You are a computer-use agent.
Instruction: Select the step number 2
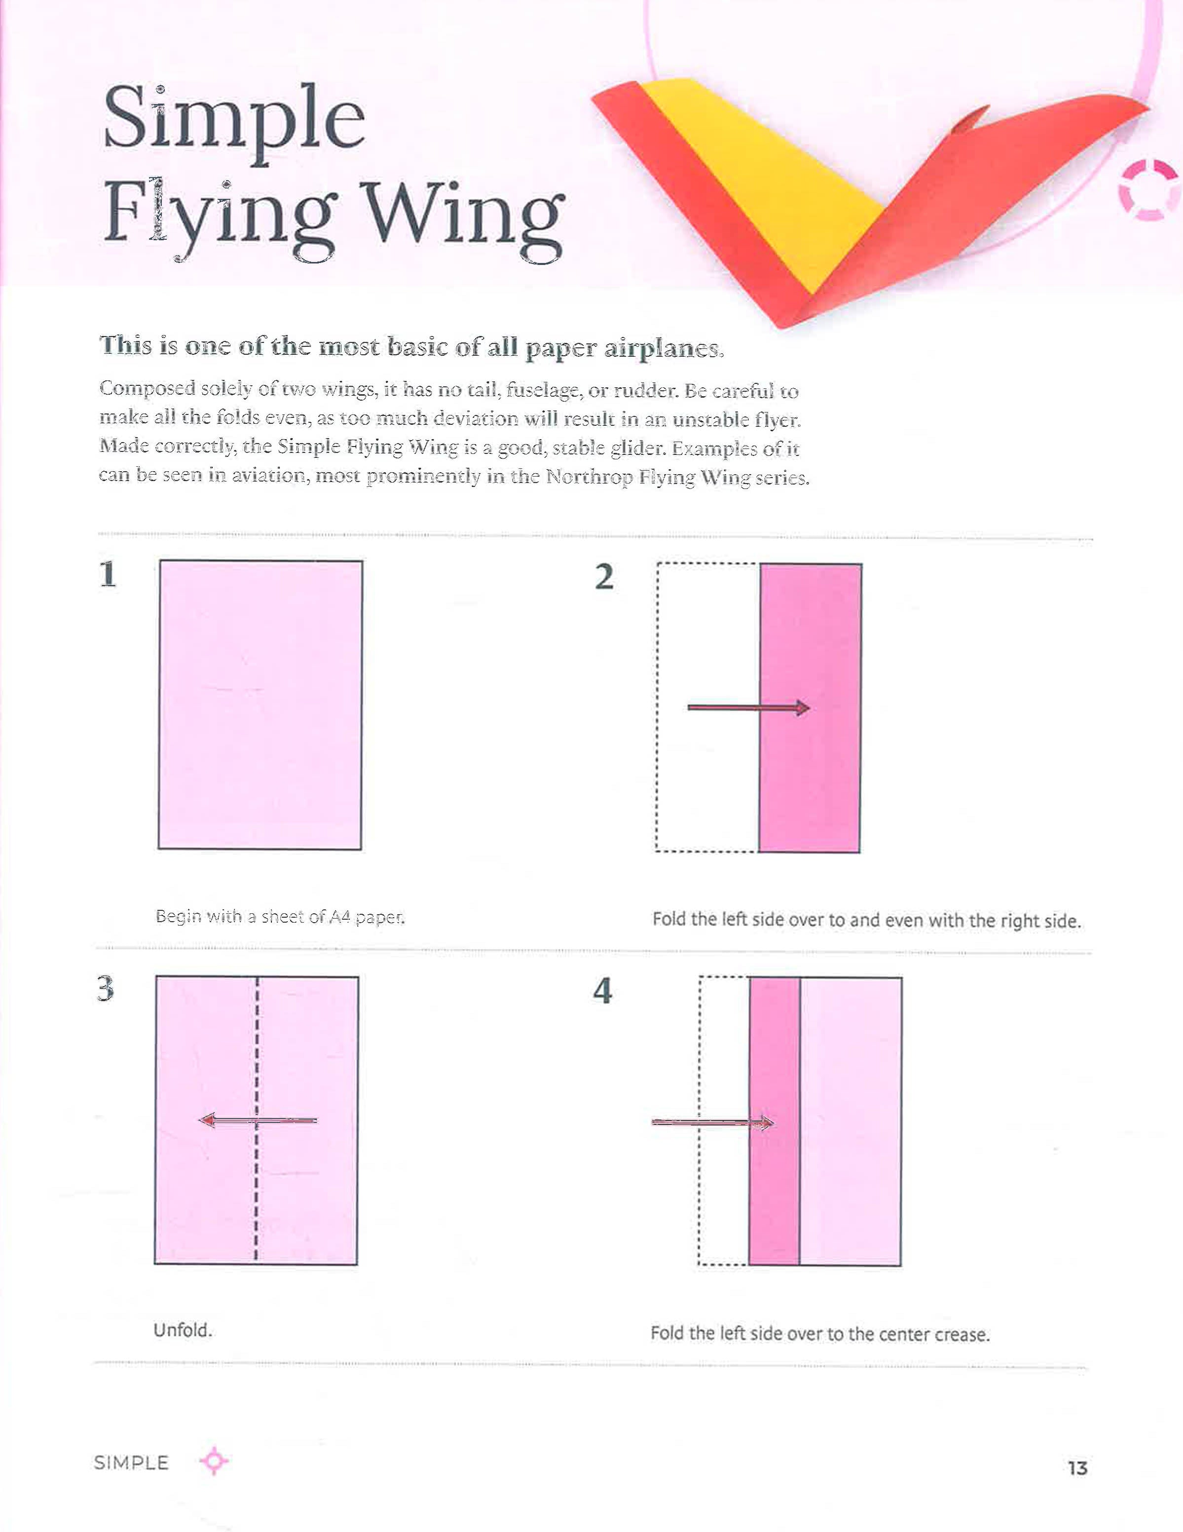pos(604,577)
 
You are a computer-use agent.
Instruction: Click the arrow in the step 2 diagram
pos(748,708)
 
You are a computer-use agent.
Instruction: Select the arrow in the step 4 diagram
pos(712,1123)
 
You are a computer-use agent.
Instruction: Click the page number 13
pos(1077,1468)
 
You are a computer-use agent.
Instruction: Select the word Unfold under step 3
pos(183,1330)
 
